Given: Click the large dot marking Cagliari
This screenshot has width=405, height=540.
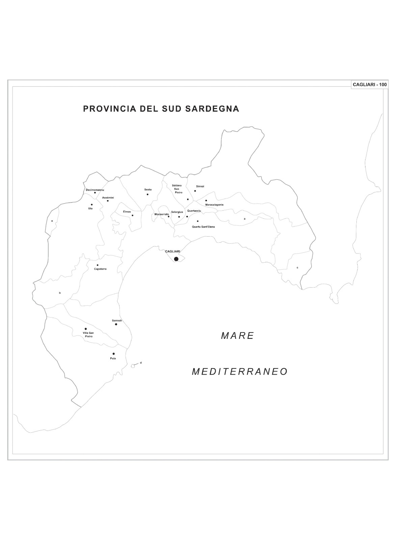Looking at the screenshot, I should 176,259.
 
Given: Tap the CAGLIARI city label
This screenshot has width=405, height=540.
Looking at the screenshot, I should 172,251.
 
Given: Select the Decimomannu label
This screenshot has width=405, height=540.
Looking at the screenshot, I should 95,190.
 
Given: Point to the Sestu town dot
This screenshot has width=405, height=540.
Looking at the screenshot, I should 147,194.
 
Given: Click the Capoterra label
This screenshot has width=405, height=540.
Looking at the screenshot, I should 100,269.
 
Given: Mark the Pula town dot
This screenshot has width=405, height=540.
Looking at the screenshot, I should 114,354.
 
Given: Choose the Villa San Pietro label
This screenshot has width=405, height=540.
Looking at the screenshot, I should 88,335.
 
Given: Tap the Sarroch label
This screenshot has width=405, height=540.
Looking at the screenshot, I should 117,320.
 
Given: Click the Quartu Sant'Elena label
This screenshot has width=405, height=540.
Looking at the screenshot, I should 203,227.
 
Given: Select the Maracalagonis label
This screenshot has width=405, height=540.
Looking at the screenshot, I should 214,205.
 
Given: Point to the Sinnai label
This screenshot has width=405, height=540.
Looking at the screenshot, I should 200,186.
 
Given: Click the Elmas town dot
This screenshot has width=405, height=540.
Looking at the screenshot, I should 133,215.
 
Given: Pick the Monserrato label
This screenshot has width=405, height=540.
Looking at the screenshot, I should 162,214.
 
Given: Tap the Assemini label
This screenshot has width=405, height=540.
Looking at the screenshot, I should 108,197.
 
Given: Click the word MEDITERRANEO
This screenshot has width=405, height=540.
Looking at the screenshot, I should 240,372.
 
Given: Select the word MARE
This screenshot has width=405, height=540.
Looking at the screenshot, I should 238,336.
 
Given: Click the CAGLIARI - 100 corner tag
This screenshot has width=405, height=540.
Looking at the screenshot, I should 370,85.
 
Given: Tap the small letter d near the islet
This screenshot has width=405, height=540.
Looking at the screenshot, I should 141,363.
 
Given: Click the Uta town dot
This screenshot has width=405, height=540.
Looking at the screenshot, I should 92,205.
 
